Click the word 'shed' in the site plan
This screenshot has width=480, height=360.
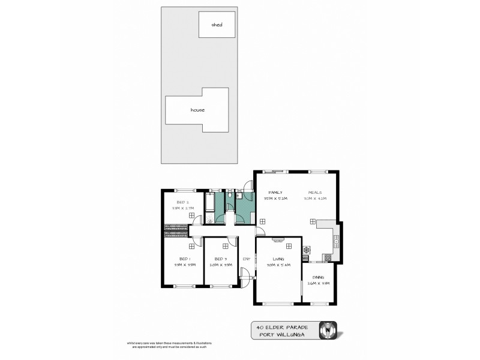click(217, 25)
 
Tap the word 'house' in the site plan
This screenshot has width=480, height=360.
click(197, 110)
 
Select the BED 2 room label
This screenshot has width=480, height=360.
click(183, 202)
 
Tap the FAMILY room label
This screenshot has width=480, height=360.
click(275, 192)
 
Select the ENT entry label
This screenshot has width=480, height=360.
click(246, 259)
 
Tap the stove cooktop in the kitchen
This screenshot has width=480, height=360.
click(307, 250)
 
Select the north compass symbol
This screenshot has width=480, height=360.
click(328, 330)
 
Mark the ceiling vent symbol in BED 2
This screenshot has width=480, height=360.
click(191, 214)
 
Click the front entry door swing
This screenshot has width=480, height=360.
click(245, 274)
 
